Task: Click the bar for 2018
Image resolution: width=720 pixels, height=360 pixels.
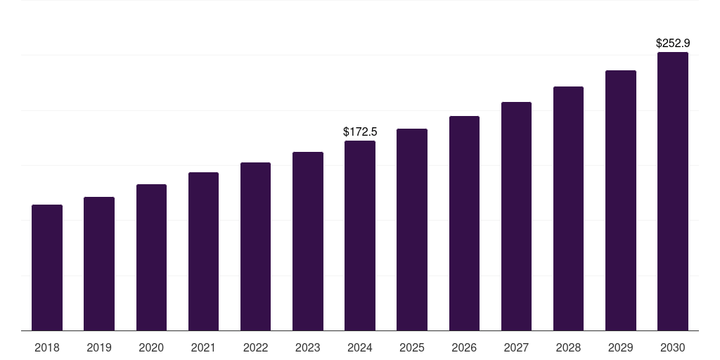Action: (47, 267)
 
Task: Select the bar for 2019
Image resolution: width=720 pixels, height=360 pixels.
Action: (99, 264)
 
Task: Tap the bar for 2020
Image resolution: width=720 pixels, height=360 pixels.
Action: (151, 257)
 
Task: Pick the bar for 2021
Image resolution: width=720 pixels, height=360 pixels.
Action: (203, 251)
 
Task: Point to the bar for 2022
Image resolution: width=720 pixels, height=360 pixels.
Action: (255, 246)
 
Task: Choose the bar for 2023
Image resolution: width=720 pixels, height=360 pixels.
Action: (308, 241)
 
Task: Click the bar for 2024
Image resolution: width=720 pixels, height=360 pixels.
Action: (360, 236)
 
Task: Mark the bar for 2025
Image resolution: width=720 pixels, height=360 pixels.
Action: (412, 229)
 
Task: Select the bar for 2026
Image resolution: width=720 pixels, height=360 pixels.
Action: (464, 223)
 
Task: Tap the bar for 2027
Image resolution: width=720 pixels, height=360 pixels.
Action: (516, 216)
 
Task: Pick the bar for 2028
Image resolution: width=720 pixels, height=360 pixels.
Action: (568, 208)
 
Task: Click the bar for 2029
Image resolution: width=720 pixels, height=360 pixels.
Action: (621, 200)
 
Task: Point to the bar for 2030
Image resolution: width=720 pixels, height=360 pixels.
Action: (673, 191)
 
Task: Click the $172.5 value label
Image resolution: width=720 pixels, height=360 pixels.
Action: (360, 131)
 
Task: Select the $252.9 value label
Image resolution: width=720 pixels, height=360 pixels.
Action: (673, 43)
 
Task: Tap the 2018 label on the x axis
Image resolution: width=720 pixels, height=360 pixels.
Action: (47, 347)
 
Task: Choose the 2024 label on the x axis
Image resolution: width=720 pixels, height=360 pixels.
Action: (360, 347)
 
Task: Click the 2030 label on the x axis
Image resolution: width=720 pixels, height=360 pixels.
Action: (673, 347)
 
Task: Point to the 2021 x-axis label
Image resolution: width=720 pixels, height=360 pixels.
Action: (203, 347)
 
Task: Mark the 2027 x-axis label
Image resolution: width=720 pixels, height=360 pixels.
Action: (516, 347)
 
